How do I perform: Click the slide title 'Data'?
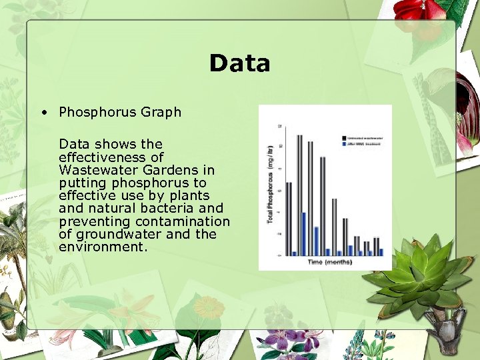239,63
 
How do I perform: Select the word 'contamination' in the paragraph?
183,221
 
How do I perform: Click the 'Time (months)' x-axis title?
330,262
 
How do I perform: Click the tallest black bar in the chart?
299,193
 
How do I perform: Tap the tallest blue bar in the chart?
303,233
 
